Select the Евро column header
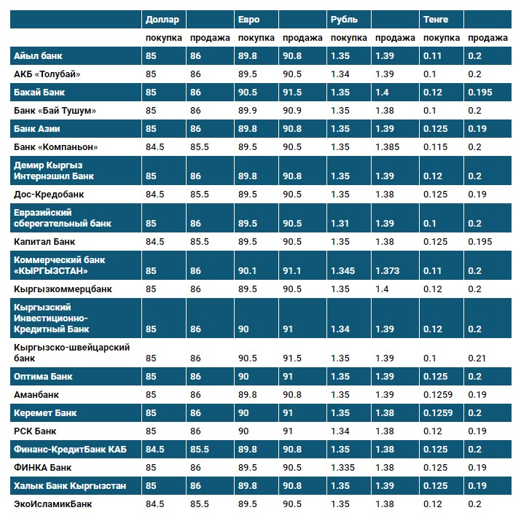point(248,20)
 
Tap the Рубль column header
point(343,20)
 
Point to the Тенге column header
point(436,20)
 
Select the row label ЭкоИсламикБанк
point(53,504)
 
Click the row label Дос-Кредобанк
point(49,195)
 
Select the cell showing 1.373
point(387,271)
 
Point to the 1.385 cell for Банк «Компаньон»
point(387,146)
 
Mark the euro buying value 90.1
point(248,271)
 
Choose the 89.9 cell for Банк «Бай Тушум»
point(248,110)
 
